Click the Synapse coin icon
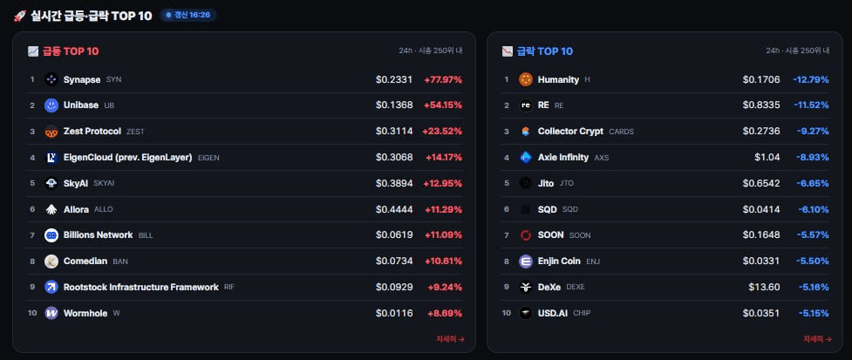tap(51, 79)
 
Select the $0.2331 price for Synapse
tap(394, 79)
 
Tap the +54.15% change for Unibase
tap(443, 105)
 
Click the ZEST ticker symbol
tap(135, 132)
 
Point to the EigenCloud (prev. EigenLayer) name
tap(127, 158)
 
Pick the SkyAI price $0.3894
tap(394, 184)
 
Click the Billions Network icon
tap(51, 235)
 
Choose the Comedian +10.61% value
tap(443, 262)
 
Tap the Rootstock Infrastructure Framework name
tap(140, 287)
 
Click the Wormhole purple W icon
tap(51, 313)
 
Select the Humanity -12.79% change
tap(811, 79)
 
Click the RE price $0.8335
tap(761, 105)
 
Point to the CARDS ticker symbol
tap(621, 132)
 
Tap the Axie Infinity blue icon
tap(526, 158)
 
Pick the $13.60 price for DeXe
tap(764, 287)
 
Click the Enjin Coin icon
tap(526, 262)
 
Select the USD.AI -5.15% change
tap(814, 313)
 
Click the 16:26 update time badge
tap(188, 15)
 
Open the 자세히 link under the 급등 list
tap(450, 339)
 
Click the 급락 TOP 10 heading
tap(544, 51)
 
